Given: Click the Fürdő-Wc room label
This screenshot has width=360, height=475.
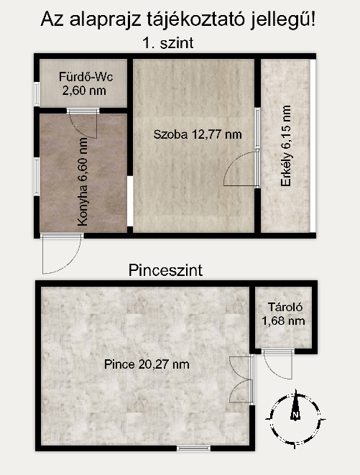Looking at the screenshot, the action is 86,77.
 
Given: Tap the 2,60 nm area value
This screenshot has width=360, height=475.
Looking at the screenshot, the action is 84,91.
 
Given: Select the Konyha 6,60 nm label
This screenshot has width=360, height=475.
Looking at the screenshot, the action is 83,182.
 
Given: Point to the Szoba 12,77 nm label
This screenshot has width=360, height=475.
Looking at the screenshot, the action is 198,134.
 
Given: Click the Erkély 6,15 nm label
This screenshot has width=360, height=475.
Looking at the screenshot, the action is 286,146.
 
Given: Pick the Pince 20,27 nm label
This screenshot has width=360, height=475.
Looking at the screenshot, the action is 147,364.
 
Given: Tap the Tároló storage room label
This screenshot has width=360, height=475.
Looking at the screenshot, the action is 285,307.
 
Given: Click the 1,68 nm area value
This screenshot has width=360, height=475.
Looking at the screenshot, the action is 283,320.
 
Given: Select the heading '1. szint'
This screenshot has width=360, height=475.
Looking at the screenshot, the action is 168,43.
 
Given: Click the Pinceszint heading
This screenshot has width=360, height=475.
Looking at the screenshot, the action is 165,270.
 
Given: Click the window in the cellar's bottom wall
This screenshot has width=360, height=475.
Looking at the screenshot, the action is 193,448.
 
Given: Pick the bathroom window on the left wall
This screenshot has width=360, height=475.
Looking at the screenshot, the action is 37,94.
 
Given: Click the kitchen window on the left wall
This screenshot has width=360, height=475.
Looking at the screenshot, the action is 37,177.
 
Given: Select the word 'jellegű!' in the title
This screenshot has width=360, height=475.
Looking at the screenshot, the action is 283,20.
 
